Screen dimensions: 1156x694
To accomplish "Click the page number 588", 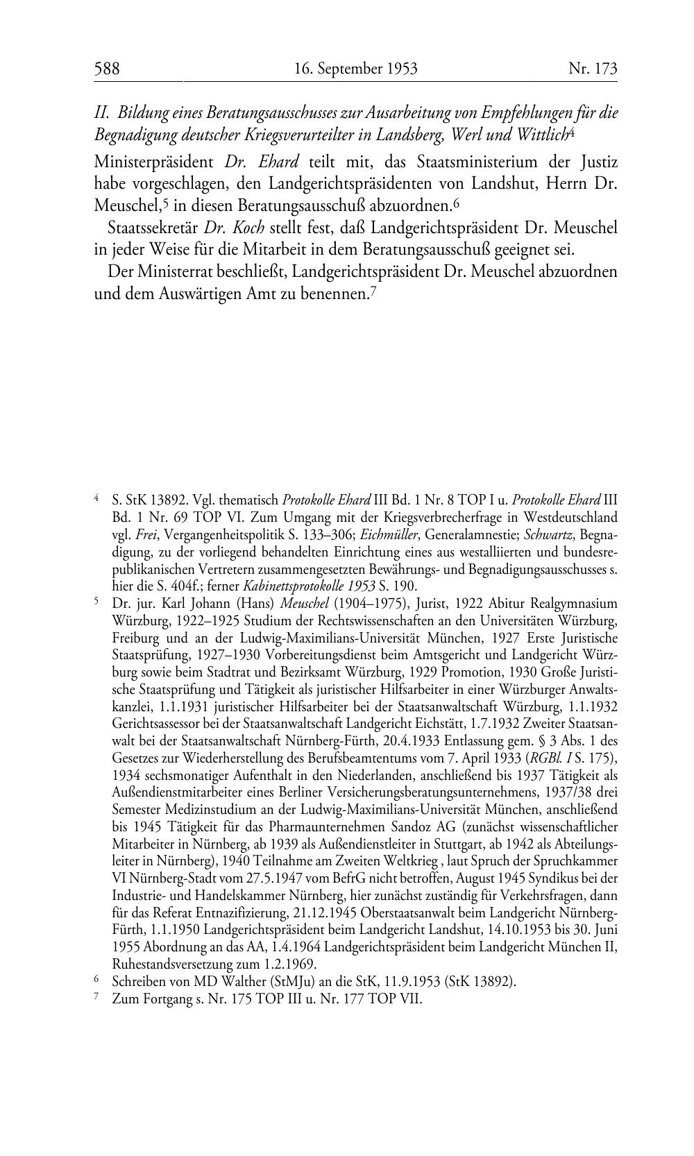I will click(107, 68).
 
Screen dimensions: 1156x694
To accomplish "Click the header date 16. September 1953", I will click(355, 68).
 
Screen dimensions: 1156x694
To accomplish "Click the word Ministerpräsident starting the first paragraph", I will click(153, 162).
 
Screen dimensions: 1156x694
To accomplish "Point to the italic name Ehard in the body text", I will click(278, 162).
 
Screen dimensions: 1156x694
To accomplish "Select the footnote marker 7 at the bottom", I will click(97, 998).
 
